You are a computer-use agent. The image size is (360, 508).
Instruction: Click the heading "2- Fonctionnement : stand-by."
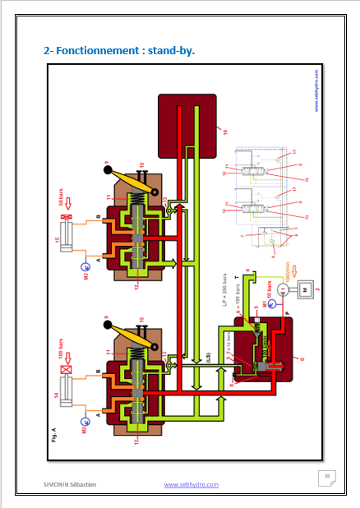[119, 51]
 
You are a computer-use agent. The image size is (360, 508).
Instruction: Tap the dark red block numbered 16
[187, 123]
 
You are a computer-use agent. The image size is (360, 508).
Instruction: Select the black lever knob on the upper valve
[108, 170]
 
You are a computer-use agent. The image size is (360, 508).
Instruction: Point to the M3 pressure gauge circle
[83, 266]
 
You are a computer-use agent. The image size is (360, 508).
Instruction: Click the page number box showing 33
[326, 477]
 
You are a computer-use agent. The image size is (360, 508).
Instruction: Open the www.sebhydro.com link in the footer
[192, 485]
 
